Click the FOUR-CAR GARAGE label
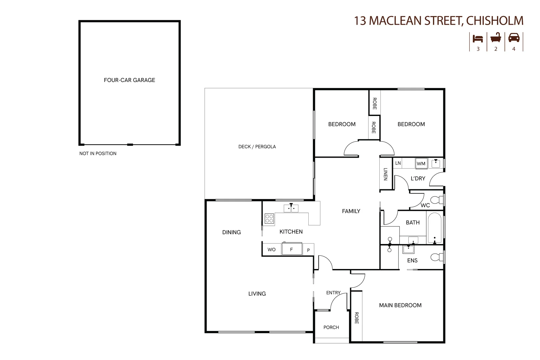[129, 80]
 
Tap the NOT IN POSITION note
[98, 153]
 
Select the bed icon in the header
[478, 38]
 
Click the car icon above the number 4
[514, 38]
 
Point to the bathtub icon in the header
[496, 38]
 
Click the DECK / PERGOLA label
[257, 146]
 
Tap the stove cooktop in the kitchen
[269, 219]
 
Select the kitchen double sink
[291, 209]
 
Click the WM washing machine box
[421, 164]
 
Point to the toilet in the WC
[437, 200]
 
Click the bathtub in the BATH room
[434, 228]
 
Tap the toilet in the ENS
[437, 257]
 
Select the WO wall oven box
[271, 249]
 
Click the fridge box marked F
[292, 249]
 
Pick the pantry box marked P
[308, 250]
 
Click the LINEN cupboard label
[386, 174]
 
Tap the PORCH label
[331, 327]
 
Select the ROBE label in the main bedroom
[356, 318]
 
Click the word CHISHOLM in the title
[495, 21]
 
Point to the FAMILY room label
[351, 211]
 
